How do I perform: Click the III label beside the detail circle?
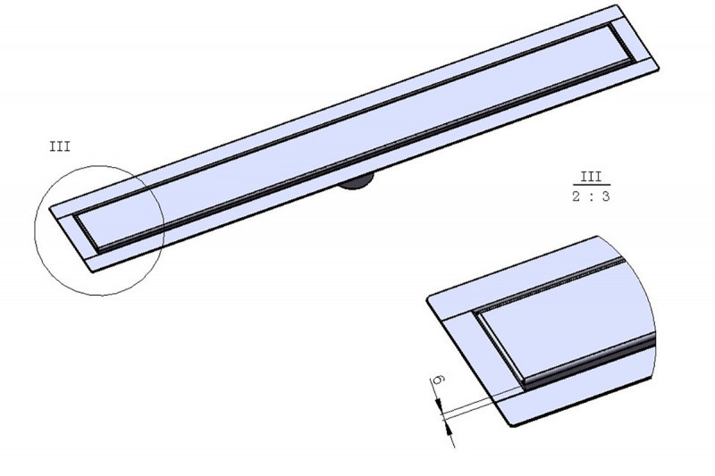pos(59,146)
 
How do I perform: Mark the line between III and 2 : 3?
pos(591,187)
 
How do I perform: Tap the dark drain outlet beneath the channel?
pos(357,184)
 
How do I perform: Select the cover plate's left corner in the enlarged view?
pos(481,313)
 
